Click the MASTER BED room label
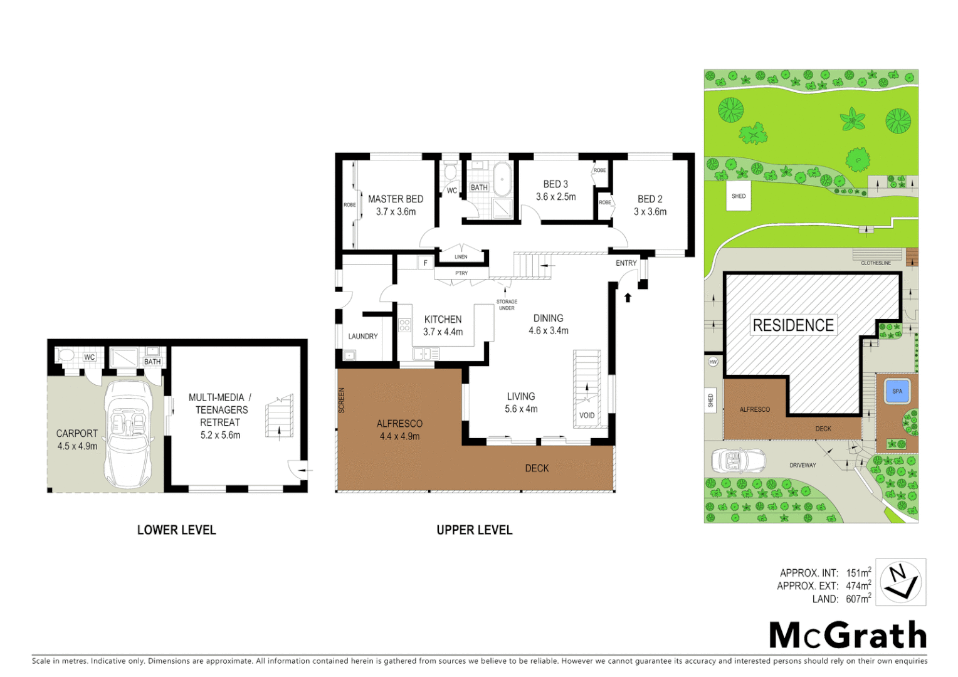click(x=395, y=199)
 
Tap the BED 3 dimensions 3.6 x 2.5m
click(x=555, y=197)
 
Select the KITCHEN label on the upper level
click(x=443, y=319)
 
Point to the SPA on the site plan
click(x=897, y=391)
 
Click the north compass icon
click(x=900, y=582)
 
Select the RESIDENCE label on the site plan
click(x=793, y=325)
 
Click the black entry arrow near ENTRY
click(x=628, y=298)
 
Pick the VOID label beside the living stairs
click(x=587, y=415)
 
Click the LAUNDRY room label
click(x=363, y=337)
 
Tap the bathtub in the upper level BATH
click(x=502, y=179)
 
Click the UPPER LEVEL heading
click(x=475, y=530)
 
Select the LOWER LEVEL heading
click(x=176, y=530)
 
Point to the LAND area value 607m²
click(x=858, y=599)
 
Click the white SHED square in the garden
click(x=739, y=196)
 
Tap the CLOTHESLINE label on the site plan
click(x=875, y=263)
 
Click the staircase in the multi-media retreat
click(x=280, y=417)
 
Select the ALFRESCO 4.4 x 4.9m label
click(x=399, y=430)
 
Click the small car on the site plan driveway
click(x=739, y=461)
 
